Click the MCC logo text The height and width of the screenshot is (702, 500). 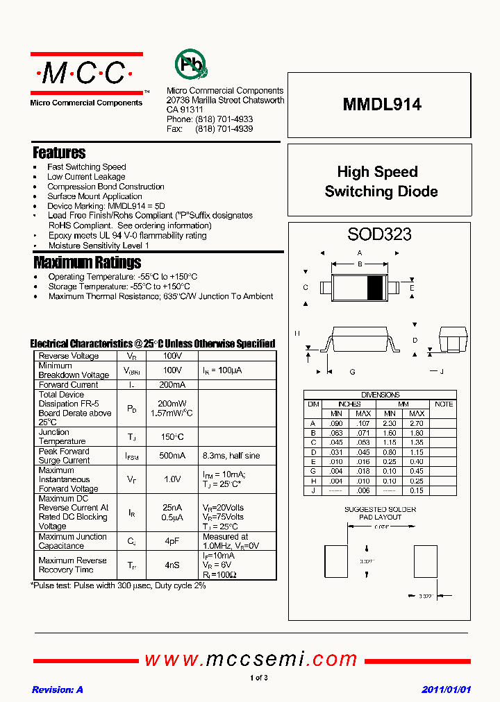(86, 73)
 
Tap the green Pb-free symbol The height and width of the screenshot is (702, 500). (190, 65)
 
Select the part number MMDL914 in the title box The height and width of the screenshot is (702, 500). (381, 105)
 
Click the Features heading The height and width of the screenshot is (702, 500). (60, 153)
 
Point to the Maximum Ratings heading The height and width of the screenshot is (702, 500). (87, 262)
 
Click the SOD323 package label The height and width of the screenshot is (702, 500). (379, 234)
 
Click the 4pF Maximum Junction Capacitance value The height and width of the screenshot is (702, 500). (172, 541)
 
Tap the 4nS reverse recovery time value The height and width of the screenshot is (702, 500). (172, 565)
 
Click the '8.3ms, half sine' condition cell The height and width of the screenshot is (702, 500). (231, 456)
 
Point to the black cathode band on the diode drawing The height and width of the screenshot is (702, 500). (374, 287)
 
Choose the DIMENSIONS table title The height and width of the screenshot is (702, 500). (380, 395)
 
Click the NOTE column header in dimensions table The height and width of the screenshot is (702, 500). (443, 404)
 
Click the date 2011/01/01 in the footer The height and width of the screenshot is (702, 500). (447, 690)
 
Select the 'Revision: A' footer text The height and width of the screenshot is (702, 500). (58, 690)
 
